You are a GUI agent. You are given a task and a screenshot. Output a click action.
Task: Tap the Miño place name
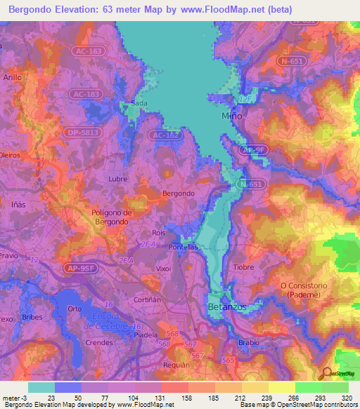[232, 115]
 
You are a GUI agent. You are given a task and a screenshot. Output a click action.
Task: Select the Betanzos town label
[225, 308]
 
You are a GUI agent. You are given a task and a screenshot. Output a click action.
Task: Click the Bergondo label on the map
[178, 193]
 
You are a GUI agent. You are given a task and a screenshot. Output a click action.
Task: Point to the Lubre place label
[117, 179]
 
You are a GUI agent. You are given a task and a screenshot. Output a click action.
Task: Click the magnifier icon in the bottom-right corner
[326, 373]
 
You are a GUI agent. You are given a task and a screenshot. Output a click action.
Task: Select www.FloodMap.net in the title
[226, 9]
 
